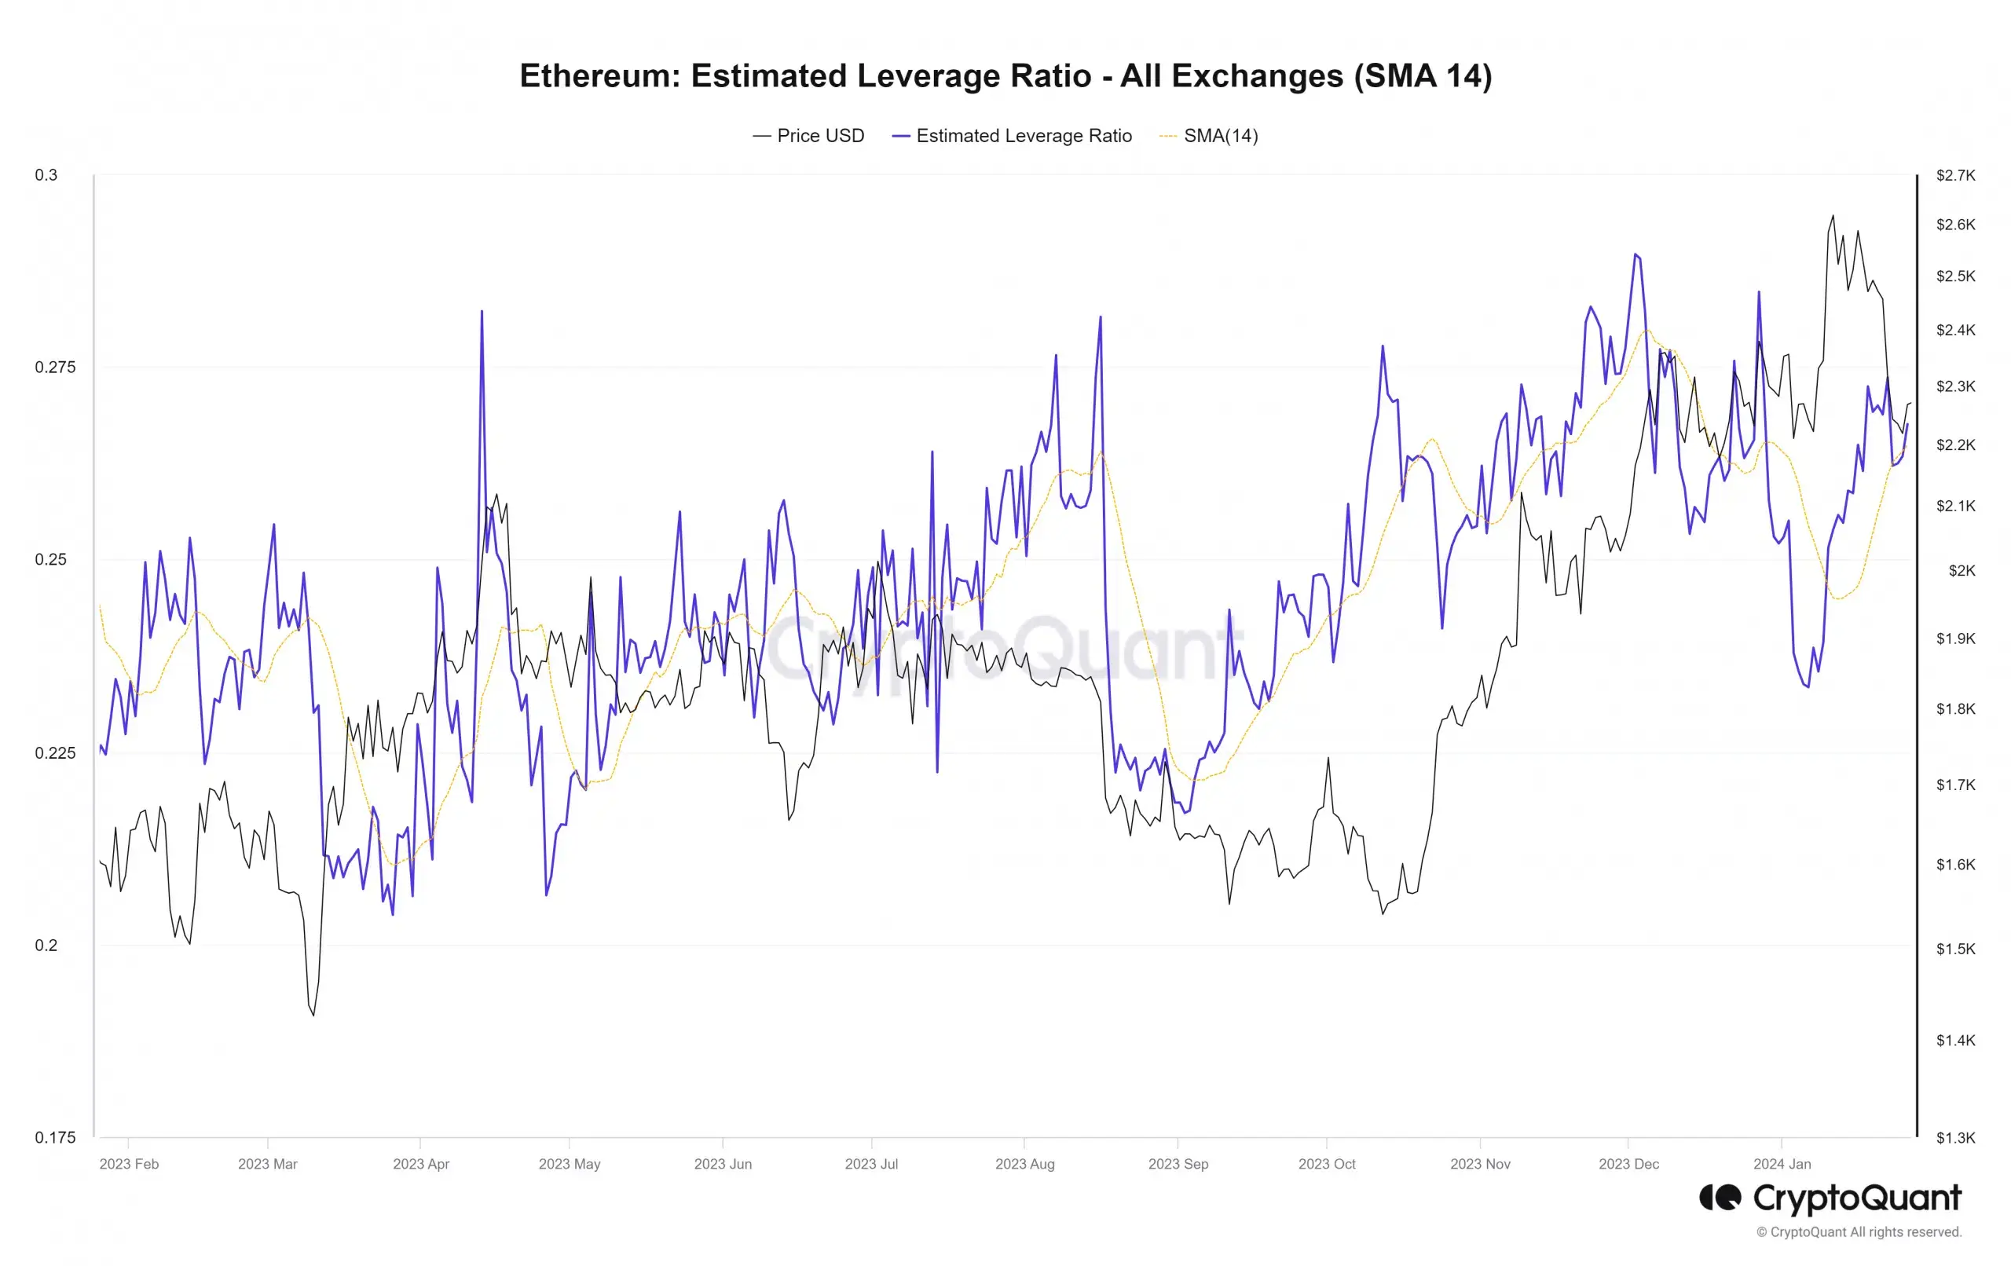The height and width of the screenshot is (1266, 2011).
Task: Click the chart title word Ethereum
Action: tap(599, 76)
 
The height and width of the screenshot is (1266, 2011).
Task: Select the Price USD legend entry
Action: tap(820, 136)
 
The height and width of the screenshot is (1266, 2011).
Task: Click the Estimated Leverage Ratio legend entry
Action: tap(1023, 136)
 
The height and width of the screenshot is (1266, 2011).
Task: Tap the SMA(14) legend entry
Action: tap(1220, 136)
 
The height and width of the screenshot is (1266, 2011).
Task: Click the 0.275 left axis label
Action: tap(54, 368)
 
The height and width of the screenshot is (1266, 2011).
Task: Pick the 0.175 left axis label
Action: tap(54, 1137)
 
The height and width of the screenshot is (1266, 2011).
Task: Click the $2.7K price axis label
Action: tap(1955, 175)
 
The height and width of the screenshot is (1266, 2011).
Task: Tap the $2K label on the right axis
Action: tap(1962, 571)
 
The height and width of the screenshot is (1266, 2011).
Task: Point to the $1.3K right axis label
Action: tap(1955, 1137)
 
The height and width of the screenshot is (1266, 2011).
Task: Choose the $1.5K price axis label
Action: tap(1955, 949)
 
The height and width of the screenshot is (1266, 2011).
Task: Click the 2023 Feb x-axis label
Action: tap(129, 1164)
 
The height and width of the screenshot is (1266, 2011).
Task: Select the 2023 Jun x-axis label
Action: tap(723, 1164)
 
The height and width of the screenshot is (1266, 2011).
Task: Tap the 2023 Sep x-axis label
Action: tap(1178, 1164)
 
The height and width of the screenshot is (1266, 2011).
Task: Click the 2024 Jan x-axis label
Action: tap(1782, 1164)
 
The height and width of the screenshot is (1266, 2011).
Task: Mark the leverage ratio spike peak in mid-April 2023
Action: tap(482, 312)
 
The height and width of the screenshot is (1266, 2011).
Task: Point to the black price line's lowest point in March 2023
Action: tap(313, 1015)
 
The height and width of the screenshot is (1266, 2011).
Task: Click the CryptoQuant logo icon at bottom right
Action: tap(1720, 1198)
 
